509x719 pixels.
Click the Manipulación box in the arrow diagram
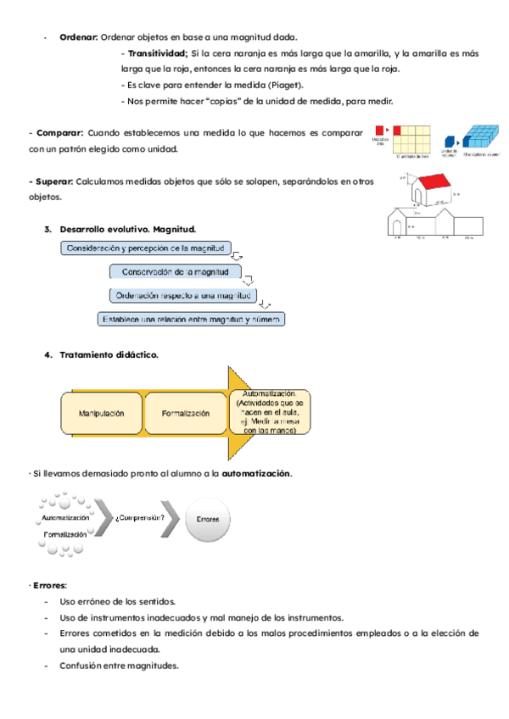[x=101, y=413]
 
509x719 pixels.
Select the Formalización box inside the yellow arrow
[x=186, y=413]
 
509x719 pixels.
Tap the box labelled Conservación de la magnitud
[x=176, y=272]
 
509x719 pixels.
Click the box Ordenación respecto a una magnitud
[x=182, y=295]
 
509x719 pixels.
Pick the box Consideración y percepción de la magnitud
[x=145, y=248]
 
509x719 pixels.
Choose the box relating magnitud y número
[x=191, y=319]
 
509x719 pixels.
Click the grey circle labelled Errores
[x=207, y=518]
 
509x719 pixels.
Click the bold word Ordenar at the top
[x=78, y=37]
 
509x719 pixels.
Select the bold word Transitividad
[x=157, y=53]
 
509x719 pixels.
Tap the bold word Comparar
[x=59, y=133]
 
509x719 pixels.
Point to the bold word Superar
[x=52, y=181]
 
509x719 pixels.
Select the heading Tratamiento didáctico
[x=108, y=354]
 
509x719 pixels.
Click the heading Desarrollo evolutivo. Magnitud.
[x=127, y=229]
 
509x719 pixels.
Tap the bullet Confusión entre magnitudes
[x=120, y=666]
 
